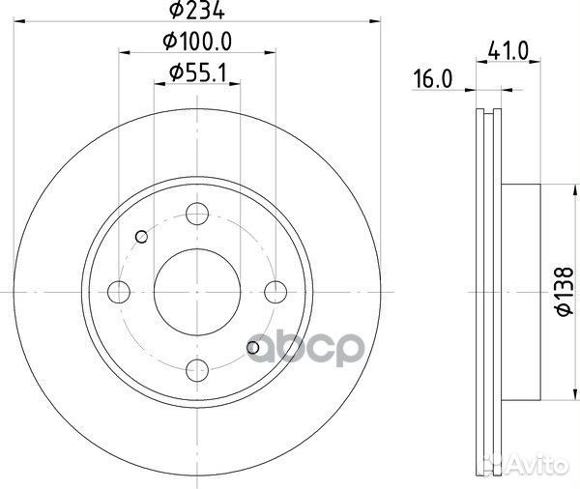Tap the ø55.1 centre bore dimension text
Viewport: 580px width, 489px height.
(x=198, y=72)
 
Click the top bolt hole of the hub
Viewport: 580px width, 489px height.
(x=197, y=214)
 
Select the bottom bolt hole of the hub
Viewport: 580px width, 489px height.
(x=197, y=368)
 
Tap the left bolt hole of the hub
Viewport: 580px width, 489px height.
(x=120, y=291)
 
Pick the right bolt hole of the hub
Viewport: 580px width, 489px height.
(x=275, y=291)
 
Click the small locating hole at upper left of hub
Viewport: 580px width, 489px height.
(x=142, y=237)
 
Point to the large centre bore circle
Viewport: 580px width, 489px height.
(x=197, y=291)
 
